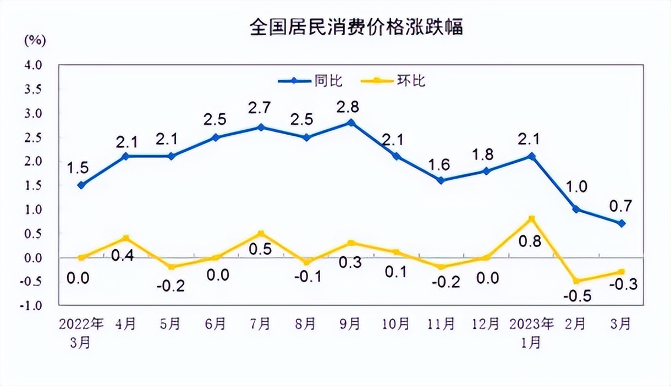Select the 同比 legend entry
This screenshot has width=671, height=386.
tap(312, 81)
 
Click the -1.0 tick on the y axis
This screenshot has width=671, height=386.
tap(31, 306)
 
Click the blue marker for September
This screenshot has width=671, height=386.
tap(351, 123)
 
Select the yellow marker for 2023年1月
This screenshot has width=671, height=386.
tap(531, 219)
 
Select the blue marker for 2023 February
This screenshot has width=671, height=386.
tap(576, 209)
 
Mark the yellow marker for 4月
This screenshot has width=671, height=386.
tap(126, 238)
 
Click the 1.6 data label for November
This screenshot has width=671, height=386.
tap(441, 164)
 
